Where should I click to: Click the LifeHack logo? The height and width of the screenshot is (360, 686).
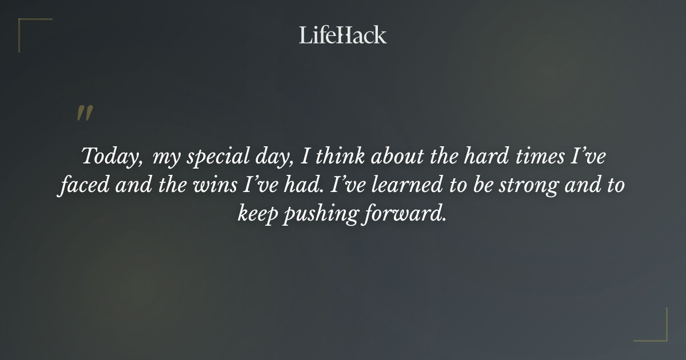click(342, 35)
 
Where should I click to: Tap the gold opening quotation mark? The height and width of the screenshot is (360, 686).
click(84, 113)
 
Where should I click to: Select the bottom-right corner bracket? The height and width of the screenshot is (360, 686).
click(658, 332)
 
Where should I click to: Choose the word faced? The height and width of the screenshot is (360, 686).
click(82, 185)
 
